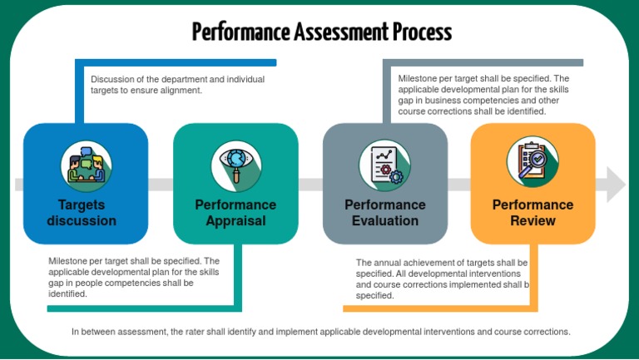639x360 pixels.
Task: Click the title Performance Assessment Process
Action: pos(322,32)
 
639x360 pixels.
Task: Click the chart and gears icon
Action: pos(384,164)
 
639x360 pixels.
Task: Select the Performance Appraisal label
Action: pos(235,213)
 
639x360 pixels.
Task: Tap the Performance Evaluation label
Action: pos(384,213)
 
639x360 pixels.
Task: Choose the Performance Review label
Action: pos(532,213)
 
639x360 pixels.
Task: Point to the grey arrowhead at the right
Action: pos(616,184)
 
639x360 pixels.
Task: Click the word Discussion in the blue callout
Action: pos(113,79)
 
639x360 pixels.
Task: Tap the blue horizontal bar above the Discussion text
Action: pos(175,62)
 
